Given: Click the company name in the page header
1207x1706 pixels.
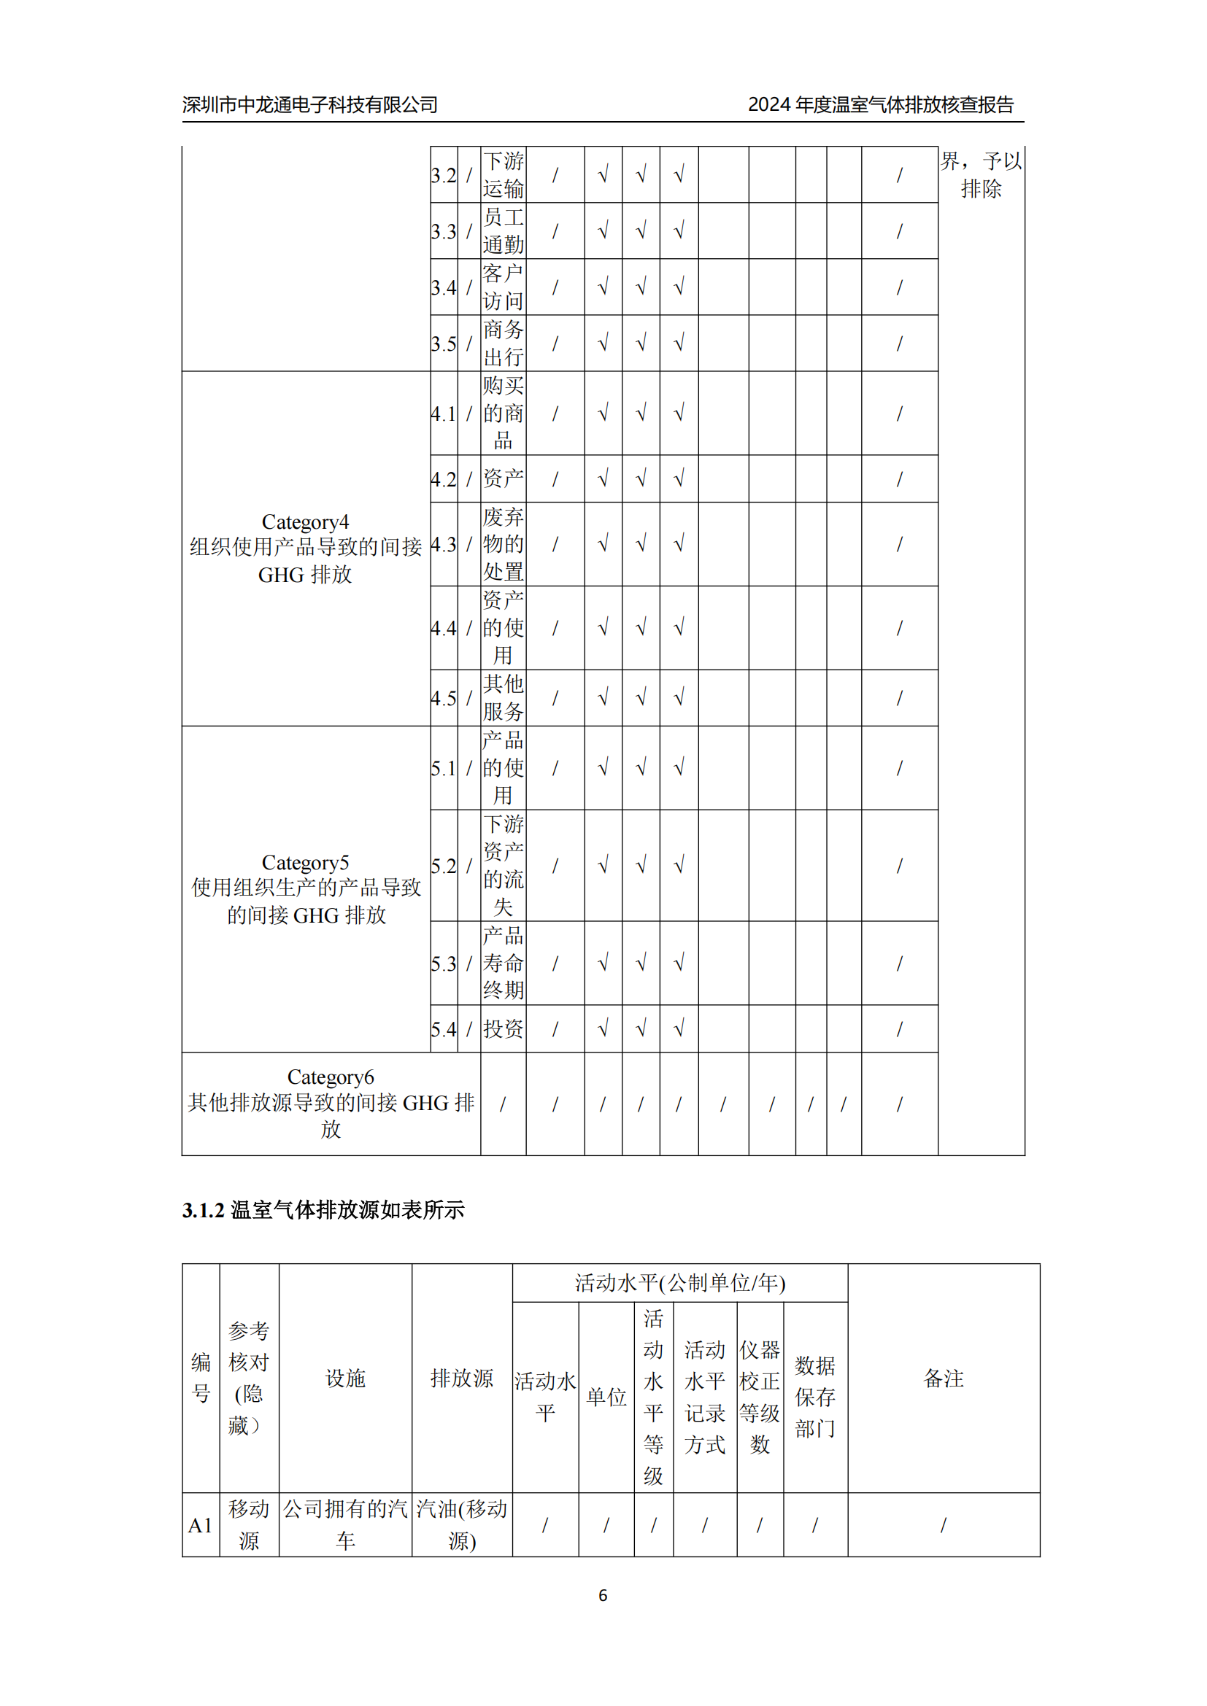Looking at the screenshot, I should click(310, 105).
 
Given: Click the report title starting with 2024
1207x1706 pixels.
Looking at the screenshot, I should click(880, 105).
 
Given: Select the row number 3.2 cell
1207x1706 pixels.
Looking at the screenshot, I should click(444, 175).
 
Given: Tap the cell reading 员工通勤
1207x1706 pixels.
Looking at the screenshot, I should click(504, 231).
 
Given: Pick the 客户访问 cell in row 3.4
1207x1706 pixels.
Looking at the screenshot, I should click(504, 287).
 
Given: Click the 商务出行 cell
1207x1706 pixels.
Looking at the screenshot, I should click(504, 344).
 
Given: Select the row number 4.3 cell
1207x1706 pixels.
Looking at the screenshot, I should click(444, 545).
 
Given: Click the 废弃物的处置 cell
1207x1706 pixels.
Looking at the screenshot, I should click(504, 545).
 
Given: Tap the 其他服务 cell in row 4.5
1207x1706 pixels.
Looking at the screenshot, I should click(504, 698).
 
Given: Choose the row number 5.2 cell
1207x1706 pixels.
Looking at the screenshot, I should click(444, 866).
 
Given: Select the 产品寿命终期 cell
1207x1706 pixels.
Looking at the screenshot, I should click(504, 963).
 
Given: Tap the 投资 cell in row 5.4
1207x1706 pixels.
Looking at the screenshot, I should click(504, 1029).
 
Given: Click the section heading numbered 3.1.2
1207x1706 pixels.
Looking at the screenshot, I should click(323, 1211).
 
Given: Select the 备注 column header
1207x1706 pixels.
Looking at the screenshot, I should click(943, 1379).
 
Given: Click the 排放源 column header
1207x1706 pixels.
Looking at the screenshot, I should click(461, 1379).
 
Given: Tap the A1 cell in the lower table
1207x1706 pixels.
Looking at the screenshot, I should click(201, 1525).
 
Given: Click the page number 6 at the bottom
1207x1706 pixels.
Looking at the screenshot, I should click(603, 1595).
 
